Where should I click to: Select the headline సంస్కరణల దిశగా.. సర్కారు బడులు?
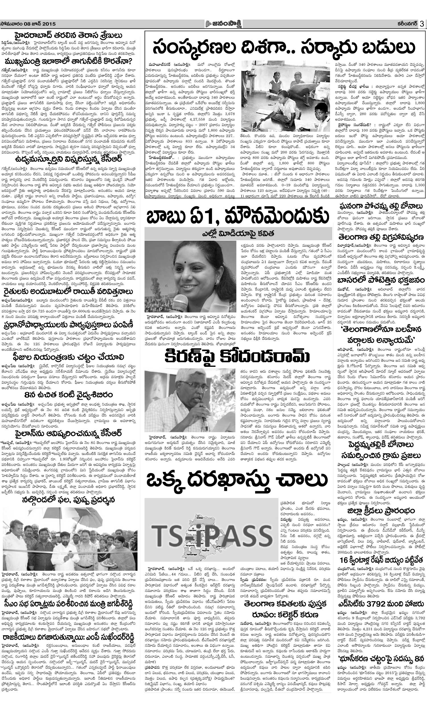(x=285, y=48)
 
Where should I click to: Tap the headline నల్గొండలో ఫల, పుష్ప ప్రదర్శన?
(x=69, y=500)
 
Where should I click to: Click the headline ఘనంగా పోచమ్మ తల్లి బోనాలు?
(x=381, y=206)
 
